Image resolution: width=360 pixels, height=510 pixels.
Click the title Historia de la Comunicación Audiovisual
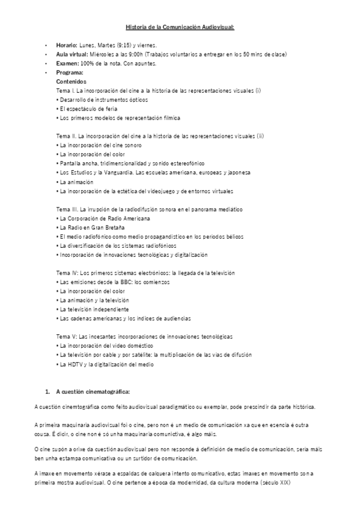(x=180, y=28)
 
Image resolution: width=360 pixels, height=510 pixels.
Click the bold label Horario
(x=66, y=46)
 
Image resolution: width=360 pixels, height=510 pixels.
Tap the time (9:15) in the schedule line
(x=120, y=46)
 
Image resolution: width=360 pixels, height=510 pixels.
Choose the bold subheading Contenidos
(x=71, y=81)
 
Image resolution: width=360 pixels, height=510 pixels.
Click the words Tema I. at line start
(x=64, y=90)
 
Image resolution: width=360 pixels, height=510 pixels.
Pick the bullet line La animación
(x=76, y=182)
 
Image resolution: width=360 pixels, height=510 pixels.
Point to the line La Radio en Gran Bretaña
(x=90, y=227)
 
